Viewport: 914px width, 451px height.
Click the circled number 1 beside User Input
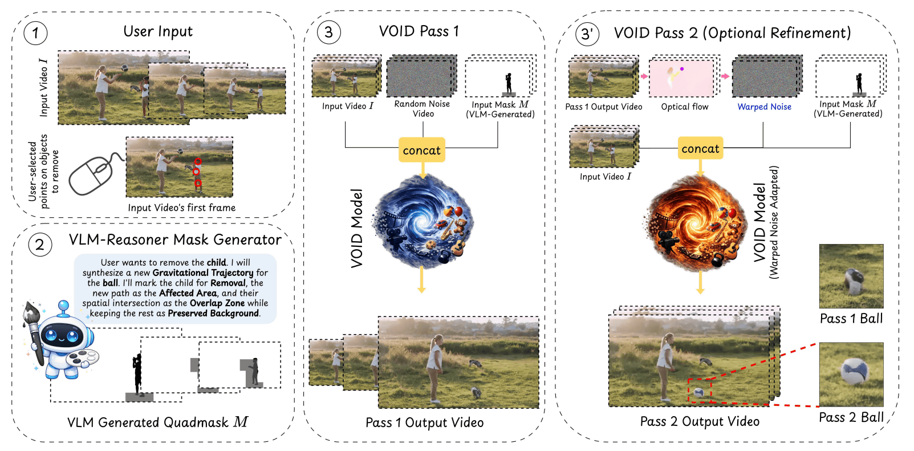[x=35, y=33]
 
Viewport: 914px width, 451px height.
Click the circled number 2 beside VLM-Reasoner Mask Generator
[x=40, y=245]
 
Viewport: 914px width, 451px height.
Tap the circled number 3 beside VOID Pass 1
[x=328, y=32]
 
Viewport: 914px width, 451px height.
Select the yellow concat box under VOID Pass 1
[x=421, y=150]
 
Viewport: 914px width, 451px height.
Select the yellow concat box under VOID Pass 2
[x=700, y=148]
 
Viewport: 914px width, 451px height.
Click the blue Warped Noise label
[x=764, y=107]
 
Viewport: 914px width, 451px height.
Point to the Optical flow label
[x=684, y=107]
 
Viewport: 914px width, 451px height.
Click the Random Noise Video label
[x=422, y=108]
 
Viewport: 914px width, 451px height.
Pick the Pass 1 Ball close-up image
[x=851, y=276]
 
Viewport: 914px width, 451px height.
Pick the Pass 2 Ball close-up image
[x=851, y=374]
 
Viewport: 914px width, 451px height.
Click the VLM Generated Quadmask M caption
[x=157, y=422]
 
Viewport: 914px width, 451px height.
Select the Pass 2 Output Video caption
[x=700, y=421]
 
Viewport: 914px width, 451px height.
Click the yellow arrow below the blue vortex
[x=421, y=279]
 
